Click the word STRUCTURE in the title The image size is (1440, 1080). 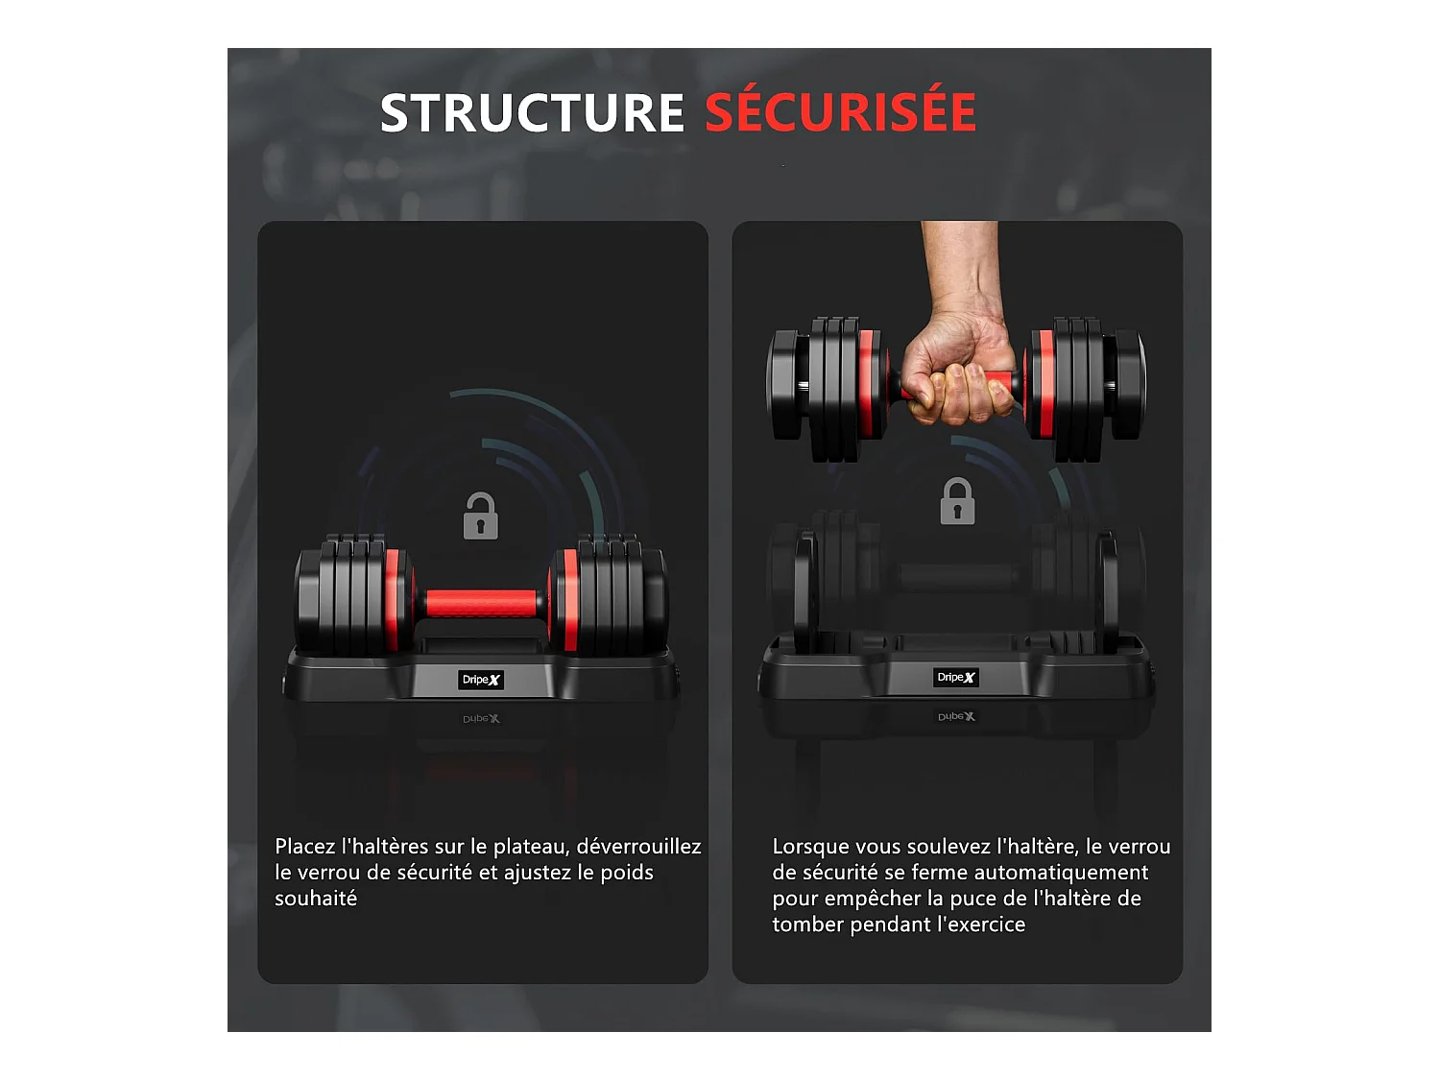[x=532, y=113]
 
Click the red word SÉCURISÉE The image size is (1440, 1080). [x=840, y=113]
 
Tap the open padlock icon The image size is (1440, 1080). [x=480, y=516]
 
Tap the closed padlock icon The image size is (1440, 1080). [x=957, y=502]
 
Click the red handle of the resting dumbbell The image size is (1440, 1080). [x=481, y=604]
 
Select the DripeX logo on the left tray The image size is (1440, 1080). [x=481, y=680]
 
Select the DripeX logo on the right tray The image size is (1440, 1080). [x=956, y=678]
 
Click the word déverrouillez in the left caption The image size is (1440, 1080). [x=638, y=847]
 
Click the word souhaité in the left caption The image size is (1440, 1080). [x=316, y=899]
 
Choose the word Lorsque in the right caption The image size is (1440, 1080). [x=810, y=847]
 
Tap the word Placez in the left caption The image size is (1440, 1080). [x=305, y=847]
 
